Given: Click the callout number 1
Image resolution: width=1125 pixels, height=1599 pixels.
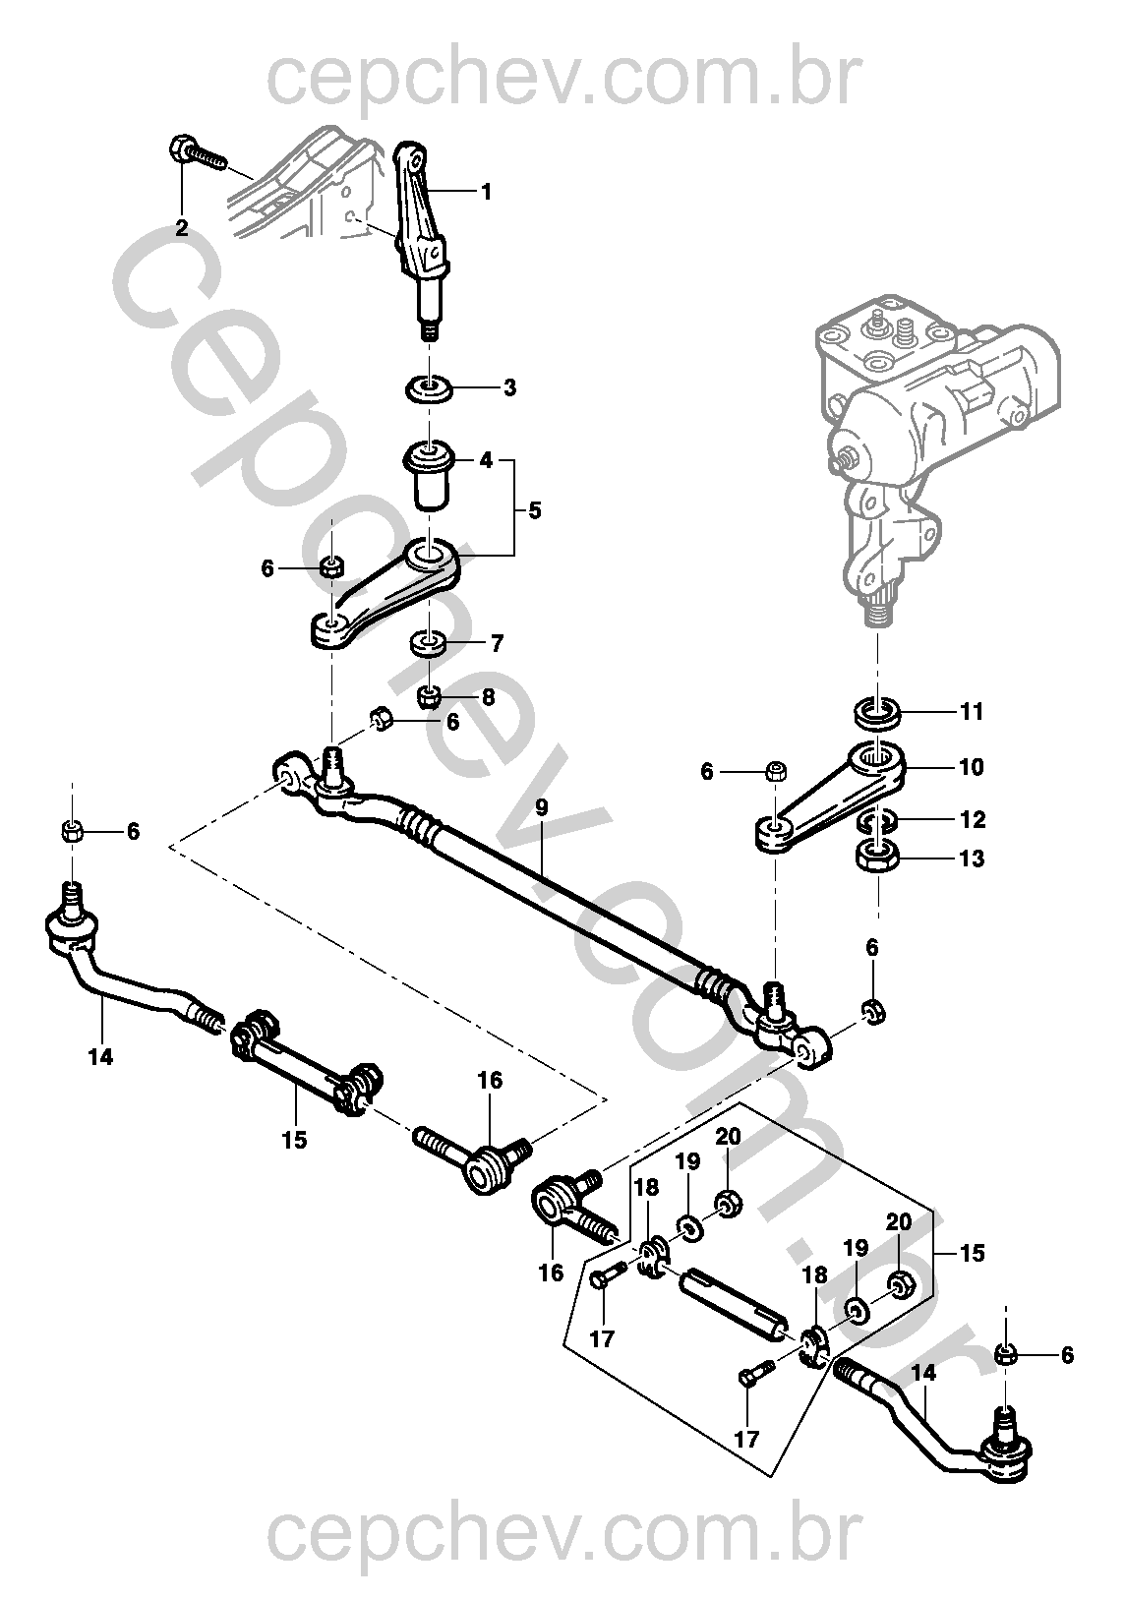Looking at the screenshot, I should [486, 192].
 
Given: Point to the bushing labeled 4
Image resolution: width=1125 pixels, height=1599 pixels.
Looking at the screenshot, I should [429, 475].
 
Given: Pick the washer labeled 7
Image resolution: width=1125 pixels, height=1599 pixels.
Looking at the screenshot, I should [429, 645].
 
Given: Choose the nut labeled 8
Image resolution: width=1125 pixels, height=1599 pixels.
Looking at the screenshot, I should [428, 696].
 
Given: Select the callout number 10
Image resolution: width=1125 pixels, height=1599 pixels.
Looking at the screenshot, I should [971, 766].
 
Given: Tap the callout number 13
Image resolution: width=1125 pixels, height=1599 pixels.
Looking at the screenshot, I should [971, 859].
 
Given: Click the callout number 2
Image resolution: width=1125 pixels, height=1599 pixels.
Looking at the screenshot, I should [182, 228].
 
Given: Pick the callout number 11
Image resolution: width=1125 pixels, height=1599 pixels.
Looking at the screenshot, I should [971, 711].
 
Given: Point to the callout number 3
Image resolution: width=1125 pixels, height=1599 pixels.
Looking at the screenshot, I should [509, 387].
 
